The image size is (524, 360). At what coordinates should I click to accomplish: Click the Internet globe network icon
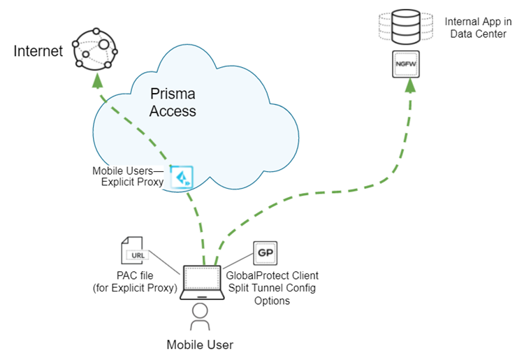coord(96,49)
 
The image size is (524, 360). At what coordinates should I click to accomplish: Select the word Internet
coord(38,51)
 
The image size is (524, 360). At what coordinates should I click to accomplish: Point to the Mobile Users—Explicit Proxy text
coord(129,177)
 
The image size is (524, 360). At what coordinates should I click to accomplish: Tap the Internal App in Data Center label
coord(475,28)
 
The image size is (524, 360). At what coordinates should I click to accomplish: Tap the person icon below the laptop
coord(201,317)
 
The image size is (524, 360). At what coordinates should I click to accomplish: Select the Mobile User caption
coord(200,345)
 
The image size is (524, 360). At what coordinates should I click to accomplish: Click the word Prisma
coord(173,94)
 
